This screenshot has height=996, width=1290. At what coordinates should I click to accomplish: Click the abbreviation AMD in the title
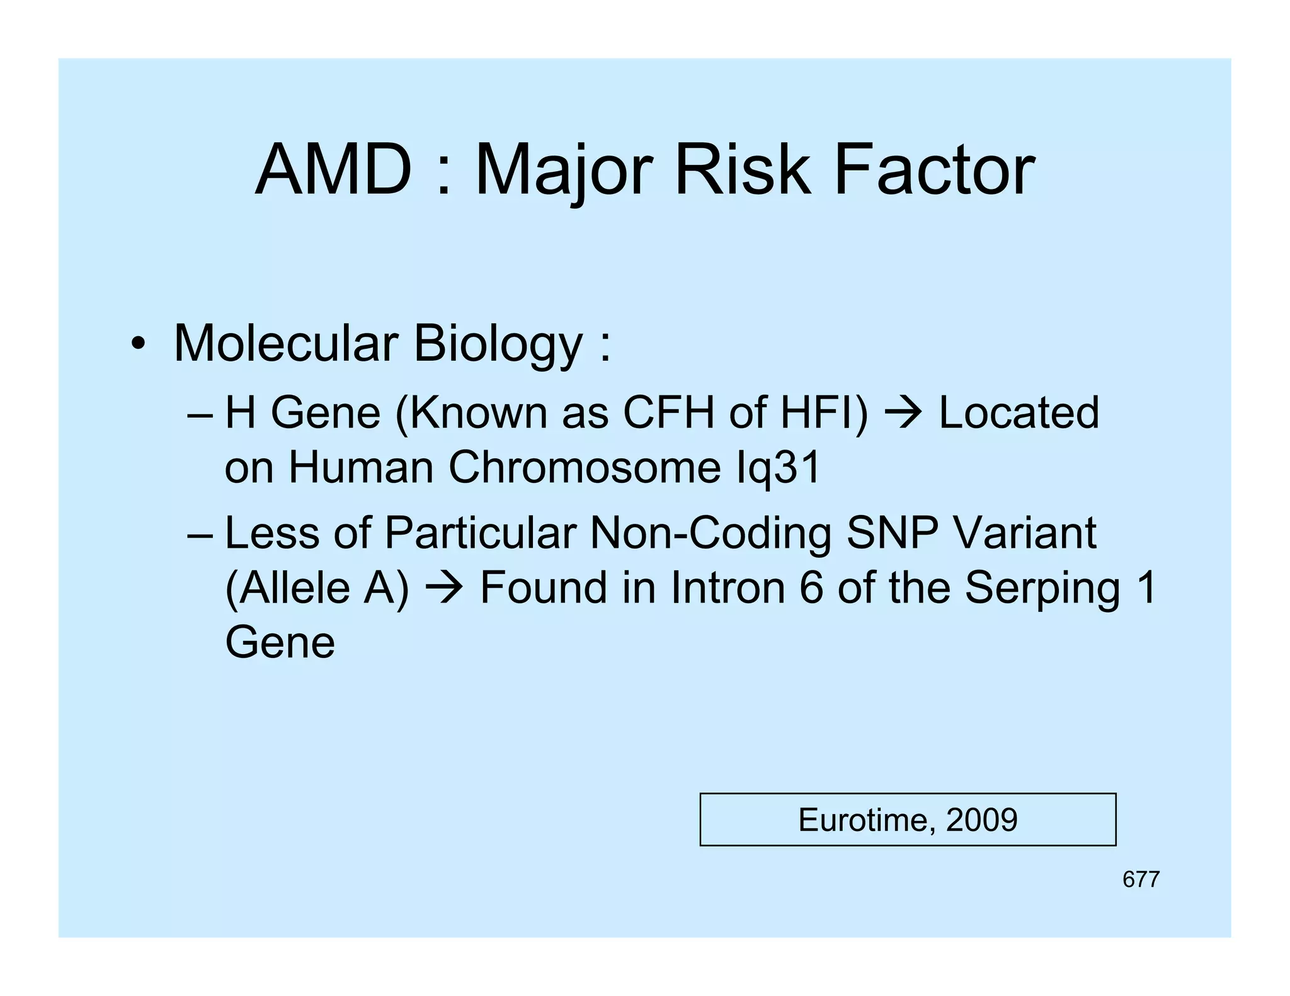click(x=333, y=170)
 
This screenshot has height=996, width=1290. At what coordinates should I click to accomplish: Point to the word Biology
click(x=498, y=345)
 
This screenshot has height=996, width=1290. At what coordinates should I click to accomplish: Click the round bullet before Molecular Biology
click(x=138, y=344)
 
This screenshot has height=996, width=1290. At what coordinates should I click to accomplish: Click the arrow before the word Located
click(x=903, y=414)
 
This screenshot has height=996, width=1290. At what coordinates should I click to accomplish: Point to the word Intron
click(x=728, y=587)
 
